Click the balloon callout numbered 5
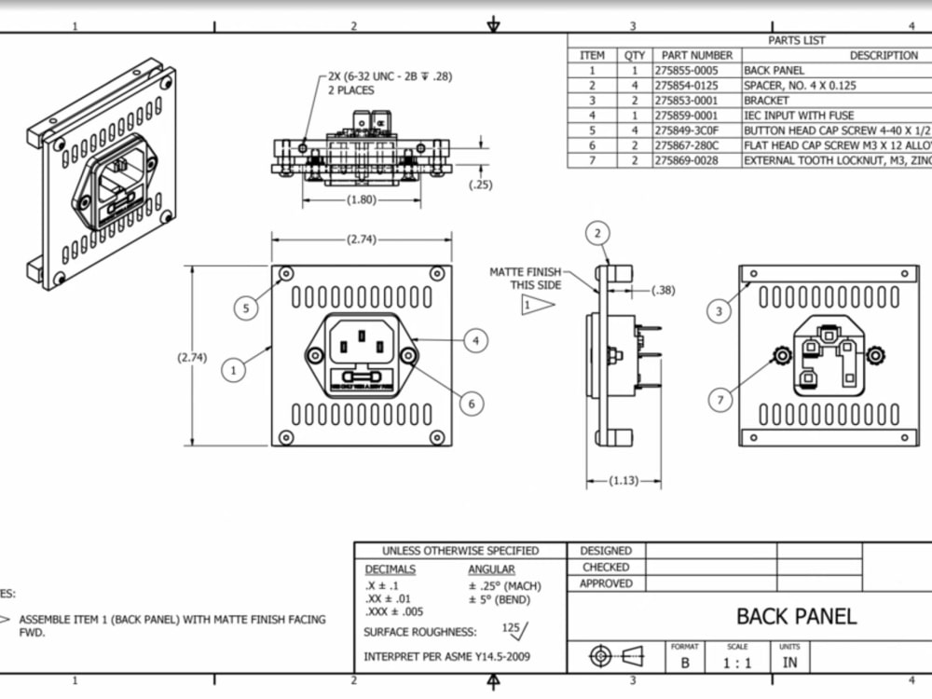245,308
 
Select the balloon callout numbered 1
234,370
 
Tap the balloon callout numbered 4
475,341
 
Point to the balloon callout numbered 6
472,403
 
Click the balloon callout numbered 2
598,233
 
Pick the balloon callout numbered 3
719,311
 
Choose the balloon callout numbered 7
720,401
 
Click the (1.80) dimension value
362,199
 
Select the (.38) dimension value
663,290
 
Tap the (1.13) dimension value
624,481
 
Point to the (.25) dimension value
481,185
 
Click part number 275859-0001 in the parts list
686,116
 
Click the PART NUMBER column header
694,55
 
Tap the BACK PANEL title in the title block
796,616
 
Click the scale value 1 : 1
738,664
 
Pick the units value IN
789,664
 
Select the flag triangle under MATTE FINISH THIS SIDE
537,304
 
